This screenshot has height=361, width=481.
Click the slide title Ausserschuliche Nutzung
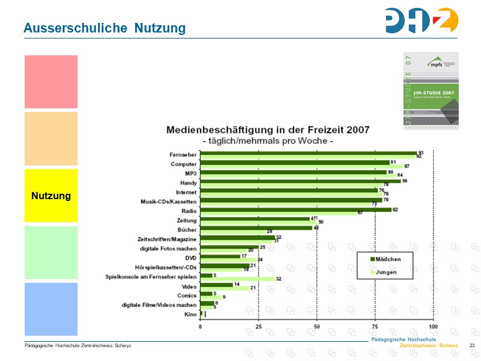tap(104, 28)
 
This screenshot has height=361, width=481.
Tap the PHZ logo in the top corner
tap(421, 20)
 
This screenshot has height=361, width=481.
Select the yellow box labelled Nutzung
tap(51, 196)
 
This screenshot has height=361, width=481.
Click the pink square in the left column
tap(51, 82)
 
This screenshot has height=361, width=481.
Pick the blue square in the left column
tap(51, 309)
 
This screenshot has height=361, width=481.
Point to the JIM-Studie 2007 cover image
tap(430, 90)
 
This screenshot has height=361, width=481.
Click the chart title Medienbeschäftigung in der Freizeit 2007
tap(268, 129)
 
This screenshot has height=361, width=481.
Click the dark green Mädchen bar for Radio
tap(295, 209)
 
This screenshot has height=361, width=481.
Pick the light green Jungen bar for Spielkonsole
tap(237, 279)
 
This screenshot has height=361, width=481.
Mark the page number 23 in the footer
tap(472, 345)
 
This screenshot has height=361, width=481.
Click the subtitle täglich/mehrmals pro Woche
tap(268, 141)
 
